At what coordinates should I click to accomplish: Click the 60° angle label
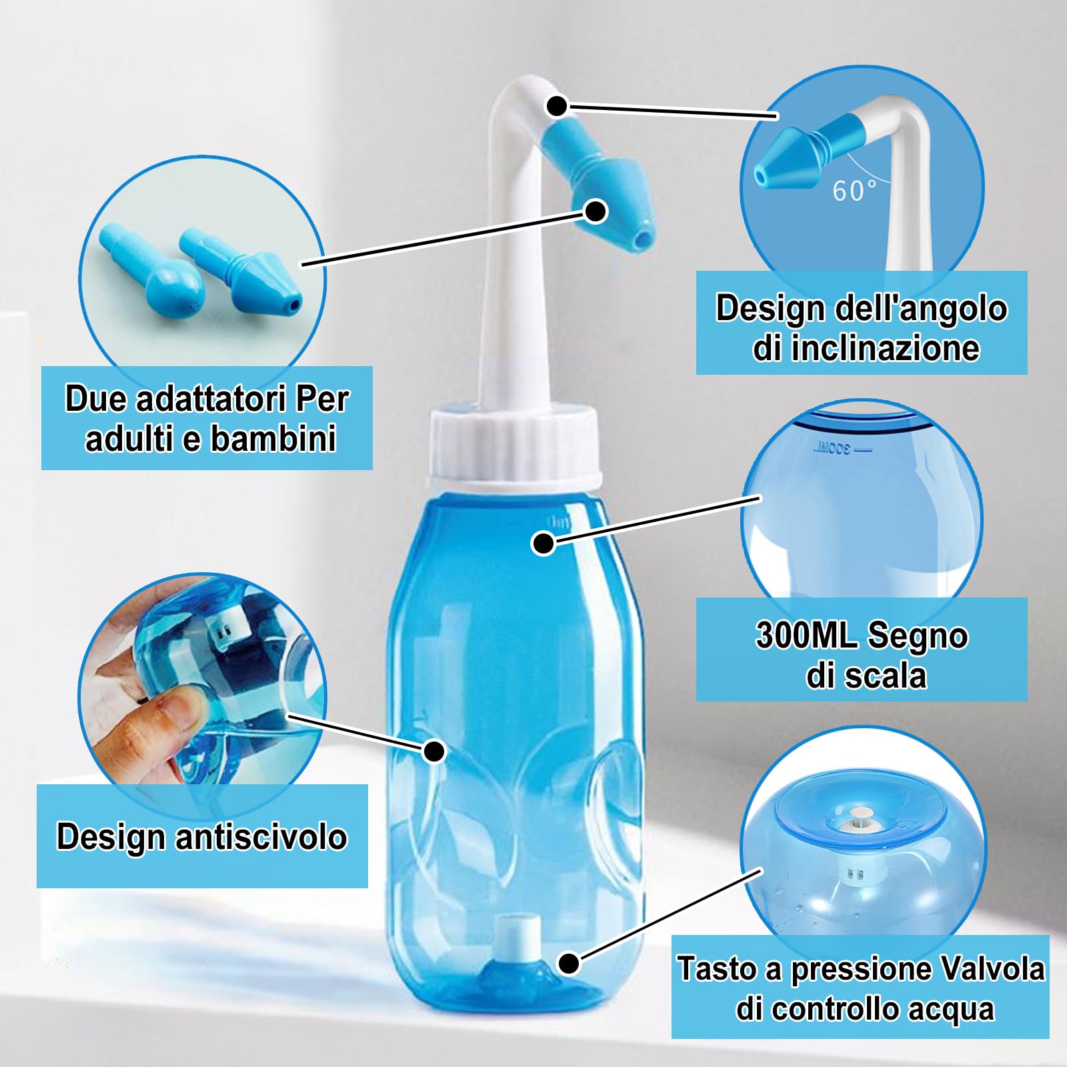tap(854, 191)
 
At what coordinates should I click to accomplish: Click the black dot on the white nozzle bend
tap(558, 105)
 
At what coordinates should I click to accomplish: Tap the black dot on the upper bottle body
tap(544, 543)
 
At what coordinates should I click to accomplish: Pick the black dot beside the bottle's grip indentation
tap(434, 752)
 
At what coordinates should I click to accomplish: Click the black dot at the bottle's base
tap(569, 963)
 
